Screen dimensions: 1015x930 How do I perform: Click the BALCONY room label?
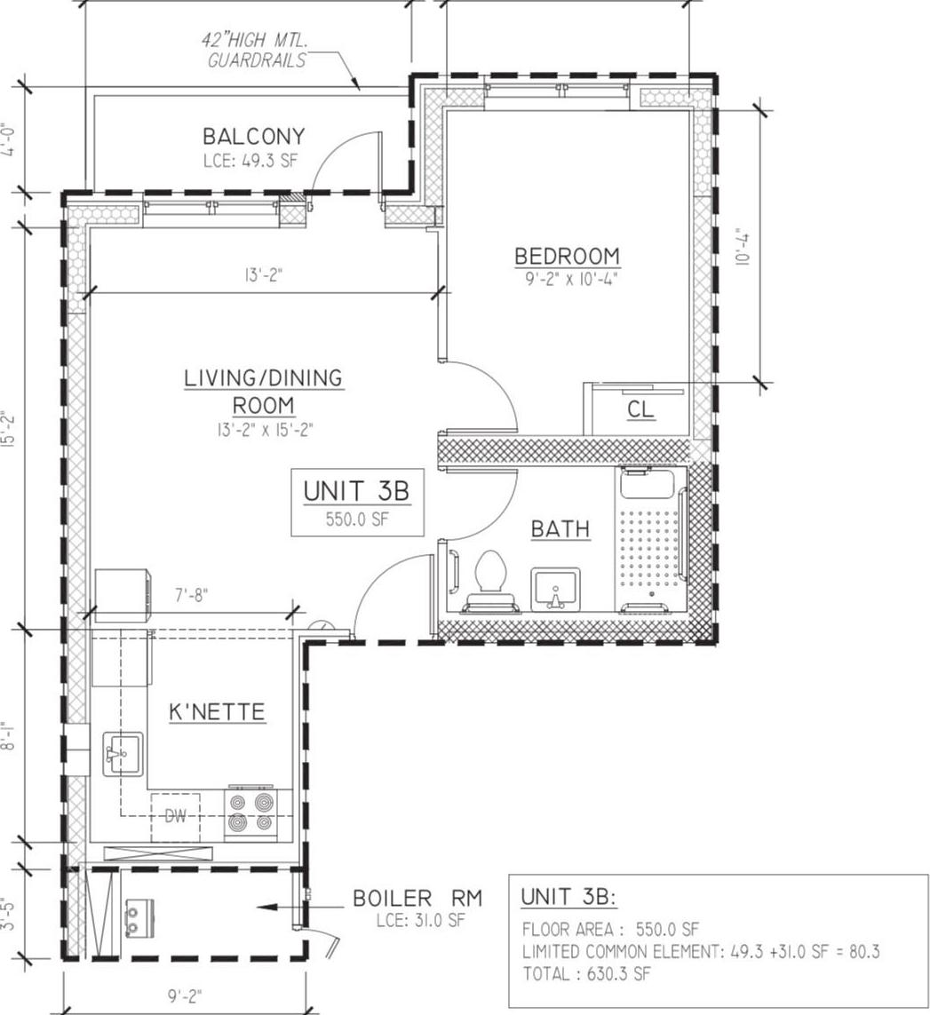pyautogui.click(x=253, y=137)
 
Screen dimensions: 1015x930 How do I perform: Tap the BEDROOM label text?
pyautogui.click(x=567, y=256)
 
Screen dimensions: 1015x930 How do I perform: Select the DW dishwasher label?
pyautogui.click(x=175, y=816)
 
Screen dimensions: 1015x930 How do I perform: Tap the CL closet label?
pyautogui.click(x=640, y=409)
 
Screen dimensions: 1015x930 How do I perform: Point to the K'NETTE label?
pyautogui.click(x=217, y=712)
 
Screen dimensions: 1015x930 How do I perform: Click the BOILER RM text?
pyautogui.click(x=417, y=899)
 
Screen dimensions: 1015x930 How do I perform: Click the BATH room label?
pyautogui.click(x=560, y=529)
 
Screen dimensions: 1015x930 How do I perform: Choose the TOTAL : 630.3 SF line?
pyautogui.click(x=586, y=974)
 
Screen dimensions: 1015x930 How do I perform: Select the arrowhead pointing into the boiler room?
pyautogui.click(x=260, y=908)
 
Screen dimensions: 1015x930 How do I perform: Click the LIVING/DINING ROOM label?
pyautogui.click(x=263, y=391)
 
